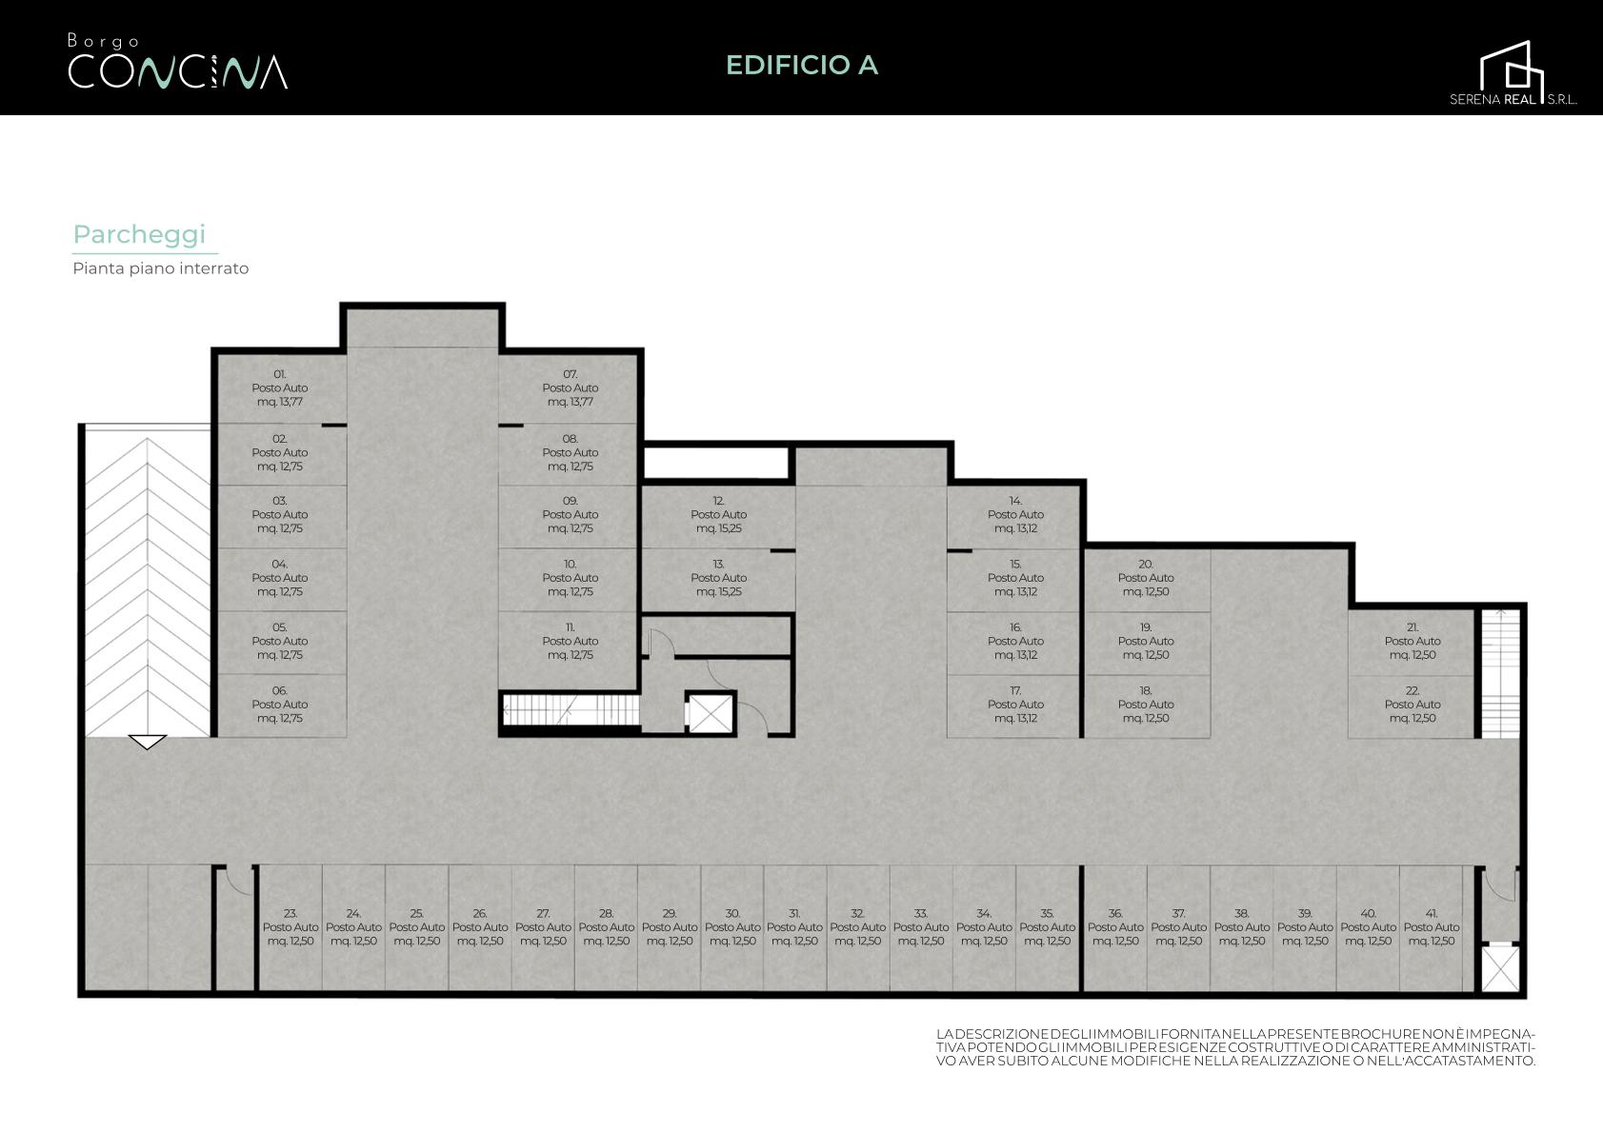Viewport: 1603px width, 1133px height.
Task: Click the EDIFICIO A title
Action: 802,65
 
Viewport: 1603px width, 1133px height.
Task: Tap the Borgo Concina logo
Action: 177,62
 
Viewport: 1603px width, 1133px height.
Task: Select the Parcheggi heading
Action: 139,234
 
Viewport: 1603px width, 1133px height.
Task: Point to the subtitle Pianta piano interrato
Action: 160,268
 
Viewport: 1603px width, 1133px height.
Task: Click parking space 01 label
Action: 280,388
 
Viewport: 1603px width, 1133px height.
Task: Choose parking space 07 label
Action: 571,388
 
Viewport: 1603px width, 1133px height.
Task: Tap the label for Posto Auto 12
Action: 718,514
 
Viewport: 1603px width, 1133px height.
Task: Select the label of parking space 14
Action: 1015,514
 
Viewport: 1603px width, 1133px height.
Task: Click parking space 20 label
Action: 1146,577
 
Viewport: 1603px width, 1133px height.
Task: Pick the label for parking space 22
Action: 1412,704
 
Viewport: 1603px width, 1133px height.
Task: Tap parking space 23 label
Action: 291,927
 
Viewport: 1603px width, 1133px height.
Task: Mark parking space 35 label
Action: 1047,927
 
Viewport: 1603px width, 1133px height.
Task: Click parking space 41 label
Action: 1432,927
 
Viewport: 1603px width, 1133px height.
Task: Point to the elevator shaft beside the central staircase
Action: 710,713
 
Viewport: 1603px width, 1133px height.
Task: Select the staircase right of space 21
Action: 1500,673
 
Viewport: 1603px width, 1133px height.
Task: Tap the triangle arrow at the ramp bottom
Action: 147,742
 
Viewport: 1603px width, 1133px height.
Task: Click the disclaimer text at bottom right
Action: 1236,1047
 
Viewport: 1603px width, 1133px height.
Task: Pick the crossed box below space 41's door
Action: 1500,968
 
